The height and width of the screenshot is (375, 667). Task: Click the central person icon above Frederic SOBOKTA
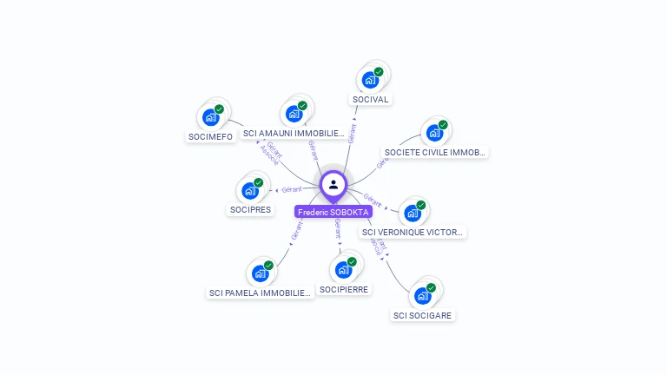333,184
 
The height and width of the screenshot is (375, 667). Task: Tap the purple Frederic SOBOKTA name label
333,212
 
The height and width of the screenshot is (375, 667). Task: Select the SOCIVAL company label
370,99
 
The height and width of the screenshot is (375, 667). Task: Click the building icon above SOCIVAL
371,80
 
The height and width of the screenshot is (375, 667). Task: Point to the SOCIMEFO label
211,136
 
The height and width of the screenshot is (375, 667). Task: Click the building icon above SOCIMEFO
211,117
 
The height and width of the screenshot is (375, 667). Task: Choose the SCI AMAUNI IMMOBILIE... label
294,133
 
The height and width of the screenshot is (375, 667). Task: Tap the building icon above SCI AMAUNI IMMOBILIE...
294,114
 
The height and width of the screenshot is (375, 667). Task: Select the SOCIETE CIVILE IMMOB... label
435,152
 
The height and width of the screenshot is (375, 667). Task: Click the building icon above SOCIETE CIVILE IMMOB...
434,133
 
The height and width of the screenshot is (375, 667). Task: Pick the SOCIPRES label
250,209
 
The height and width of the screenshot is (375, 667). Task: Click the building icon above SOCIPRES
250,190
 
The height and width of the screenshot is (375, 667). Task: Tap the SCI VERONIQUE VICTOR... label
413,232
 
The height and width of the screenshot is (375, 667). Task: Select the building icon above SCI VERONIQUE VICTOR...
413,213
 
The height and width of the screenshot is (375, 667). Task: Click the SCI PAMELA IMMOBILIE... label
260,293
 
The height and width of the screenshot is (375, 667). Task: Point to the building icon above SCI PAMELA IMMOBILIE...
260,273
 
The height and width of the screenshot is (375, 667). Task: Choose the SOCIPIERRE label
344,289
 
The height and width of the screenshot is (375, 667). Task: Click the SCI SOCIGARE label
422,315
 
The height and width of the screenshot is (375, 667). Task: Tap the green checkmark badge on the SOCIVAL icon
379,72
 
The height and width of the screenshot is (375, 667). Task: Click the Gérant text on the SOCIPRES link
292,189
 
